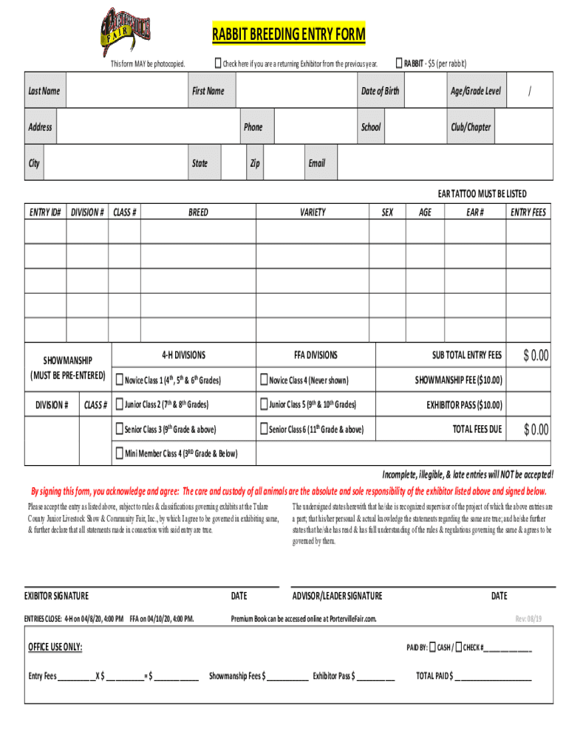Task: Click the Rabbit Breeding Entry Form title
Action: click(289, 34)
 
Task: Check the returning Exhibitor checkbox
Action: click(219, 63)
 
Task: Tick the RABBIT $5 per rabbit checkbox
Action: click(399, 63)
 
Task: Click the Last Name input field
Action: click(123, 91)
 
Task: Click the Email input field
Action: click(444, 163)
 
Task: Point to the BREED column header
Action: click(198, 212)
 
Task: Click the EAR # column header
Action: click(475, 212)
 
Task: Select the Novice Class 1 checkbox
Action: click(120, 380)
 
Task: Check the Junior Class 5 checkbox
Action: click(263, 405)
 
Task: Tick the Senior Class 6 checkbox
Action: click(263, 429)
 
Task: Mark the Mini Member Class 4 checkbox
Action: click(120, 453)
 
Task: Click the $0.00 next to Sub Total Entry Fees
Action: click(536, 356)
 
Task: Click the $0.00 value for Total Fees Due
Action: click(536, 429)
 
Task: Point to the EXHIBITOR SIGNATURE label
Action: click(56, 596)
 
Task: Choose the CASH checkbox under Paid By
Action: click(433, 647)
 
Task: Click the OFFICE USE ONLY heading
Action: click(55, 647)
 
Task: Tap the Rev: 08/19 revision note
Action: click(528, 619)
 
